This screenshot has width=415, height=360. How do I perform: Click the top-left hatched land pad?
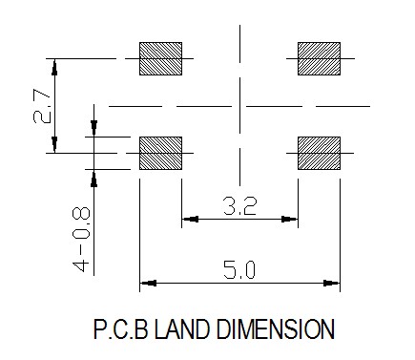click(x=160, y=58)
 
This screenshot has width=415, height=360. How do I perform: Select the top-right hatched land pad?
click(x=319, y=58)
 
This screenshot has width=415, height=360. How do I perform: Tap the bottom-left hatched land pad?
click(x=160, y=153)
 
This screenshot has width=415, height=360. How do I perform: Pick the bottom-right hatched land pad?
click(x=319, y=153)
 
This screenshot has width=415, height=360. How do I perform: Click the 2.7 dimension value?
click(x=42, y=106)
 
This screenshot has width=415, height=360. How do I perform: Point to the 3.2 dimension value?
click(x=239, y=206)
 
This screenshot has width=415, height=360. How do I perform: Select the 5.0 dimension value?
click(x=239, y=269)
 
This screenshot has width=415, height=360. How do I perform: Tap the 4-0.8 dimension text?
click(x=81, y=240)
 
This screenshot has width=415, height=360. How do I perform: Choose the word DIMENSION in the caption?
click(x=276, y=329)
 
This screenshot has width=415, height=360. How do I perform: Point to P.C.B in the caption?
click(x=121, y=329)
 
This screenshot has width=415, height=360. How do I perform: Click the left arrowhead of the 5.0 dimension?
click(x=148, y=283)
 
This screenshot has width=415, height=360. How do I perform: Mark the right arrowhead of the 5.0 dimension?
click(x=332, y=283)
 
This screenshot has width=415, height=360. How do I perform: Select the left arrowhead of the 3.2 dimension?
click(x=190, y=219)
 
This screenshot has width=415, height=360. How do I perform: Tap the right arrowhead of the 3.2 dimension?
click(x=289, y=219)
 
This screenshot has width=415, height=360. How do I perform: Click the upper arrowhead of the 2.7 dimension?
click(x=54, y=67)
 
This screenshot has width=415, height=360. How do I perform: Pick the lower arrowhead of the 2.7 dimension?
click(x=54, y=145)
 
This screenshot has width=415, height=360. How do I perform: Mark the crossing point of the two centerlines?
click(x=239, y=106)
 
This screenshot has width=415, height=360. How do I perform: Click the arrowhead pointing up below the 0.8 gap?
click(x=93, y=178)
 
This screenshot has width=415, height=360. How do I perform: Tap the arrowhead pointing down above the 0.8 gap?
click(x=93, y=128)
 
